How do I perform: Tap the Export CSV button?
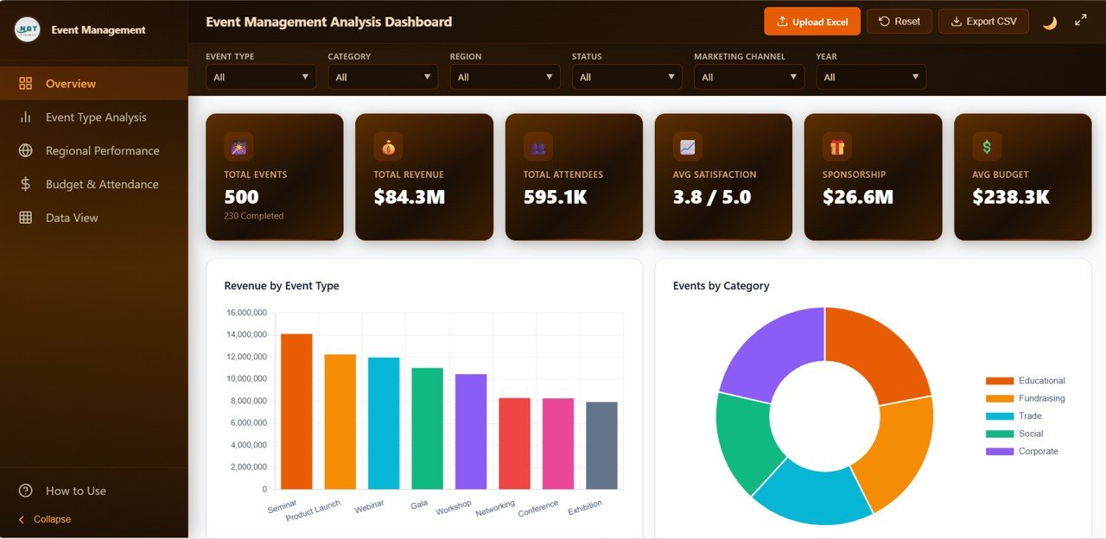[983, 22]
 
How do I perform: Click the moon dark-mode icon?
[1050, 22]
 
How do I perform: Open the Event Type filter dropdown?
[260, 77]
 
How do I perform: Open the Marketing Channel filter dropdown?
[748, 77]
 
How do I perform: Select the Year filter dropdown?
[870, 77]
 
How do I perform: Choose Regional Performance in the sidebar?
[102, 150]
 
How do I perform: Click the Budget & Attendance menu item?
[102, 184]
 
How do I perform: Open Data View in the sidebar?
[72, 218]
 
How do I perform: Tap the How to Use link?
[75, 491]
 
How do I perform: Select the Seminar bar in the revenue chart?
[296, 411]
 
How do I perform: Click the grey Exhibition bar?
[601, 445]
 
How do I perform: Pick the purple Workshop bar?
[471, 431]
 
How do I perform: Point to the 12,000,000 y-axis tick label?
[246, 357]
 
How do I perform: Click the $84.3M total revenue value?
[409, 197]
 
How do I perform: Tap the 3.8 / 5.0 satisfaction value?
[712, 197]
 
